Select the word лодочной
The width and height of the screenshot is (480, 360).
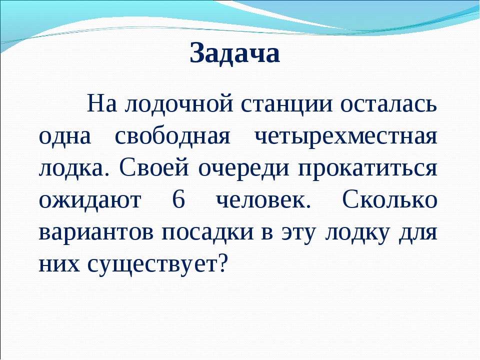click(179, 104)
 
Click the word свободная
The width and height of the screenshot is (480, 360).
click(172, 136)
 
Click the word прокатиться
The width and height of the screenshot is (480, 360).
click(367, 168)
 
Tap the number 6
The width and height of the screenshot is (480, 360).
click(179, 199)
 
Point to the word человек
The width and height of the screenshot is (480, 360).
click(263, 200)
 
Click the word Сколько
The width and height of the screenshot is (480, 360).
click(389, 199)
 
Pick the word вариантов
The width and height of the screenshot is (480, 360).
click(96, 232)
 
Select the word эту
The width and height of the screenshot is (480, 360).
click(298, 233)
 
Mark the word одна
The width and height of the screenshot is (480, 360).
click(65, 136)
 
